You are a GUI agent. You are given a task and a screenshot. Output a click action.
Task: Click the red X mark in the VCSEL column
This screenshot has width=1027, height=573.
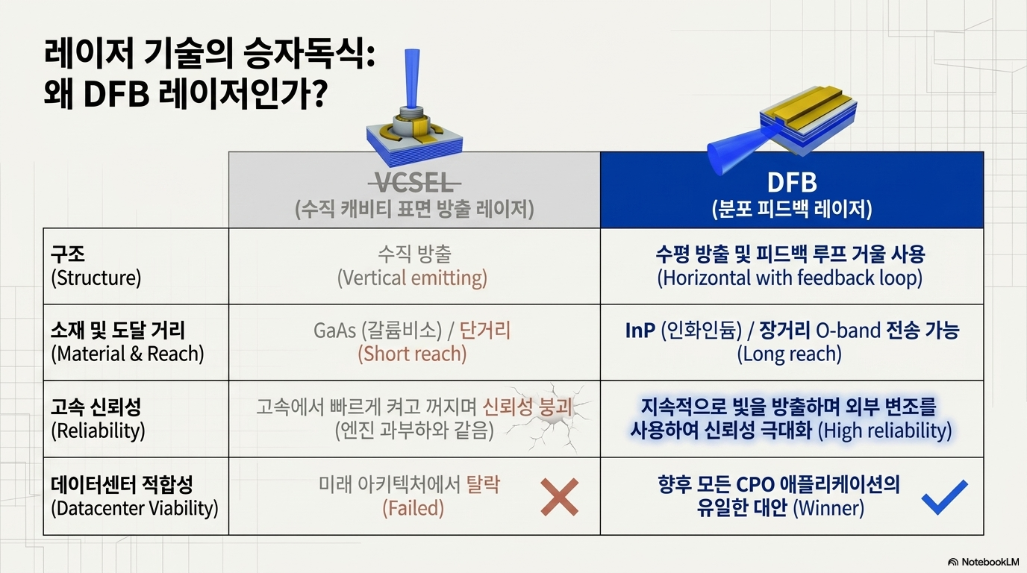click(x=559, y=497)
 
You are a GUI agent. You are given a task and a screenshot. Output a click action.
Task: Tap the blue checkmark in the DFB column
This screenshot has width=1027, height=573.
click(x=944, y=497)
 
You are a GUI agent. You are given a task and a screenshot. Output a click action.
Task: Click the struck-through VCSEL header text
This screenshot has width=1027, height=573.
click(x=414, y=184)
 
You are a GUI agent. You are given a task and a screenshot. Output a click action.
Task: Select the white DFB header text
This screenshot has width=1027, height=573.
click(x=792, y=183)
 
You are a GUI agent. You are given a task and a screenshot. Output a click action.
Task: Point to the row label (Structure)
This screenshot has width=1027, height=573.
click(x=96, y=278)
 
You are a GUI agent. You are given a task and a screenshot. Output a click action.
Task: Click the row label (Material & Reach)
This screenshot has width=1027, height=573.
click(x=128, y=354)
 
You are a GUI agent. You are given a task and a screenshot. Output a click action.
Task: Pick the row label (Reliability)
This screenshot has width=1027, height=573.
click(x=98, y=430)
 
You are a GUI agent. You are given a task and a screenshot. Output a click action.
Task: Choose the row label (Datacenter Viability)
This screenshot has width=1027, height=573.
click(x=134, y=508)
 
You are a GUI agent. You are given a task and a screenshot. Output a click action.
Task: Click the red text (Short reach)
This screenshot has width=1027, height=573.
click(x=412, y=354)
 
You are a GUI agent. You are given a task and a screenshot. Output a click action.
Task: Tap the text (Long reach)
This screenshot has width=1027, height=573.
click(x=790, y=354)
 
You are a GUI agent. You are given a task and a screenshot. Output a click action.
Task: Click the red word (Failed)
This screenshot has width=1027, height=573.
click(x=413, y=508)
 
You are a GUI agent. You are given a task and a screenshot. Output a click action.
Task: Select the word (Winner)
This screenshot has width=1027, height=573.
click(x=828, y=508)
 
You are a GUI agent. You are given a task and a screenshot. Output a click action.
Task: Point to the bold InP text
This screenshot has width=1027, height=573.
click(x=640, y=331)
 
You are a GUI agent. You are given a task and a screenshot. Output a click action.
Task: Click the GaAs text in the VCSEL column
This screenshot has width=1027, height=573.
click(x=334, y=331)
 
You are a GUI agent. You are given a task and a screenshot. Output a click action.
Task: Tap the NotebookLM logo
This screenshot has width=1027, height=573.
click(x=983, y=562)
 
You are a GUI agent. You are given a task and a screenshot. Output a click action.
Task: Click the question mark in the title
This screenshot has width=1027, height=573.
click(x=319, y=93)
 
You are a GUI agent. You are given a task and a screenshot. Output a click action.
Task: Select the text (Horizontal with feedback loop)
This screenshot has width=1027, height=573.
click(x=790, y=278)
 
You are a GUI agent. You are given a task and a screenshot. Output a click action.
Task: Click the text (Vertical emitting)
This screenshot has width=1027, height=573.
click(x=412, y=278)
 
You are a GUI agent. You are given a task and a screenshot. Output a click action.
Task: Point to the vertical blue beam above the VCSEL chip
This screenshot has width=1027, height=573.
click(x=412, y=77)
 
